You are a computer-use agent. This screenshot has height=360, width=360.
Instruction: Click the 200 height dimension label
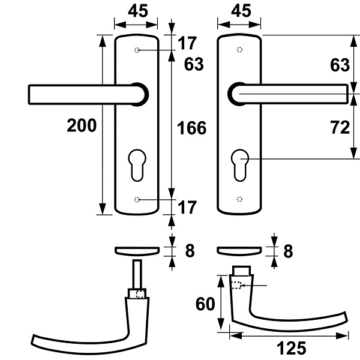click(82, 125)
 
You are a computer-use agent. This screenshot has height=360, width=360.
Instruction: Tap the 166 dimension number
click(192, 128)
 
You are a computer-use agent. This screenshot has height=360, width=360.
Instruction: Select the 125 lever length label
click(292, 348)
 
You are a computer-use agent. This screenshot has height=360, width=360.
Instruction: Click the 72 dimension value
click(340, 127)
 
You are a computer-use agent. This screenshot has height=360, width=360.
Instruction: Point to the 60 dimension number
click(205, 304)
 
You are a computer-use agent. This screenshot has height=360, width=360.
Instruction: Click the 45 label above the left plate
click(138, 11)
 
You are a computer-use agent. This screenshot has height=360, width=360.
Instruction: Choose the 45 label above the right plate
click(241, 11)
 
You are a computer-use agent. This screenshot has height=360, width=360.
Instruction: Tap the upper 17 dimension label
click(187, 43)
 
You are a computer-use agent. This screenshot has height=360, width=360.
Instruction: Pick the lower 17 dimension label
click(187, 208)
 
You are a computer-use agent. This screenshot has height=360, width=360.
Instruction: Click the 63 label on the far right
click(340, 65)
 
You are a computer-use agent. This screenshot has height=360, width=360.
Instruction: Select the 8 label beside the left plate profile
click(190, 251)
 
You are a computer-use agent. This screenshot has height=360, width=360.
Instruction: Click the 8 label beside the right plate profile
click(288, 251)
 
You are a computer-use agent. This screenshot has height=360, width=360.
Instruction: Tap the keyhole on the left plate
click(137, 166)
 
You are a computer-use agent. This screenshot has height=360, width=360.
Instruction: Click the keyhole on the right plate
click(239, 166)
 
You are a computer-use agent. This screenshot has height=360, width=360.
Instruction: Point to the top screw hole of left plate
click(137, 50)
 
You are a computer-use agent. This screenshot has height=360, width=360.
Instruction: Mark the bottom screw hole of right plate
click(239, 199)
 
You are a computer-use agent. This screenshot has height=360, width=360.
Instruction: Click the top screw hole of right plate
click(239, 50)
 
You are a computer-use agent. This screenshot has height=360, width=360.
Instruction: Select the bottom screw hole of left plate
click(137, 200)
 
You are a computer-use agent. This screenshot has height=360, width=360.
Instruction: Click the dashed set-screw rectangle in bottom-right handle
click(236, 285)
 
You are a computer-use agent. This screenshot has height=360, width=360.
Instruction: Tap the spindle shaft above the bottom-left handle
click(137, 274)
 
